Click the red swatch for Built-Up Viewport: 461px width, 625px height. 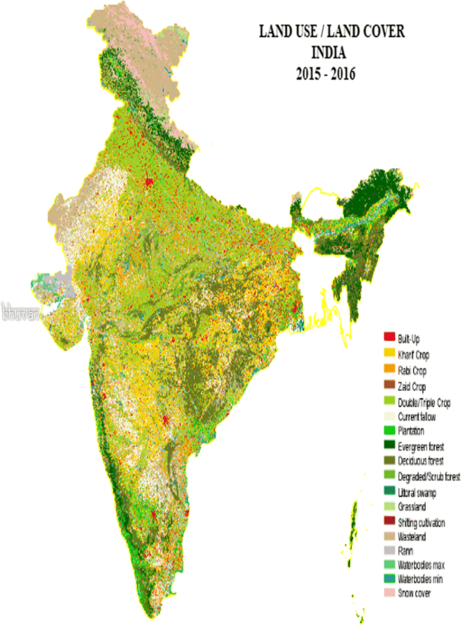388,336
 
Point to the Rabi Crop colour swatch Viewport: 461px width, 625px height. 388,370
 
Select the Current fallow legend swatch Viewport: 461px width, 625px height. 388,417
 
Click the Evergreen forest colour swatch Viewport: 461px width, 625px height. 388,447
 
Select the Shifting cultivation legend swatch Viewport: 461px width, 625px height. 388,522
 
